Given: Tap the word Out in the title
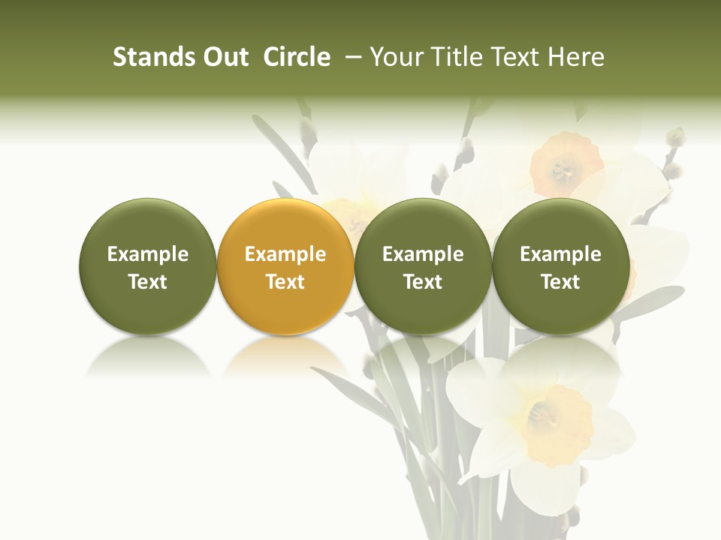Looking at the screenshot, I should click(x=224, y=57).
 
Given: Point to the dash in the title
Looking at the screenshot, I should click(x=352, y=58).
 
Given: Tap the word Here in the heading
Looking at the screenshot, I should click(x=578, y=57).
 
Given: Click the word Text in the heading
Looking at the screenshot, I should click(x=515, y=57).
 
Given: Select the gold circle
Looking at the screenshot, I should click(x=285, y=266).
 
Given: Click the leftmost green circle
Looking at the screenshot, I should click(x=147, y=266).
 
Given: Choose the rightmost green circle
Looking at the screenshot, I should click(x=560, y=266).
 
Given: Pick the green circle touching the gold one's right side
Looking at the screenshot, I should click(x=423, y=266).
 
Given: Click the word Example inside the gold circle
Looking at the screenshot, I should click(x=285, y=254).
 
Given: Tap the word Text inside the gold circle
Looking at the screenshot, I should click(x=285, y=282).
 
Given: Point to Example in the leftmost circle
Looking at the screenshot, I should click(x=147, y=254).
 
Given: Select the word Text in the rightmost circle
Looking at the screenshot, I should click(x=560, y=282).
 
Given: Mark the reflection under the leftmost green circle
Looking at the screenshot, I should click(x=147, y=356).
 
